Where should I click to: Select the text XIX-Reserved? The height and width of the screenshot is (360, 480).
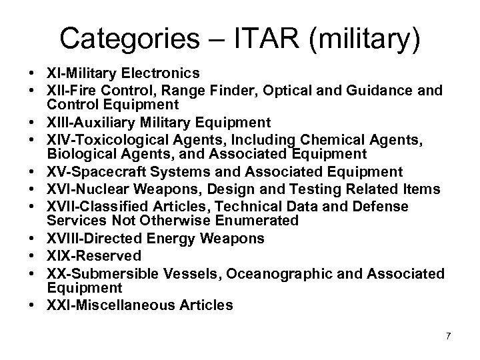click(94, 255)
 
